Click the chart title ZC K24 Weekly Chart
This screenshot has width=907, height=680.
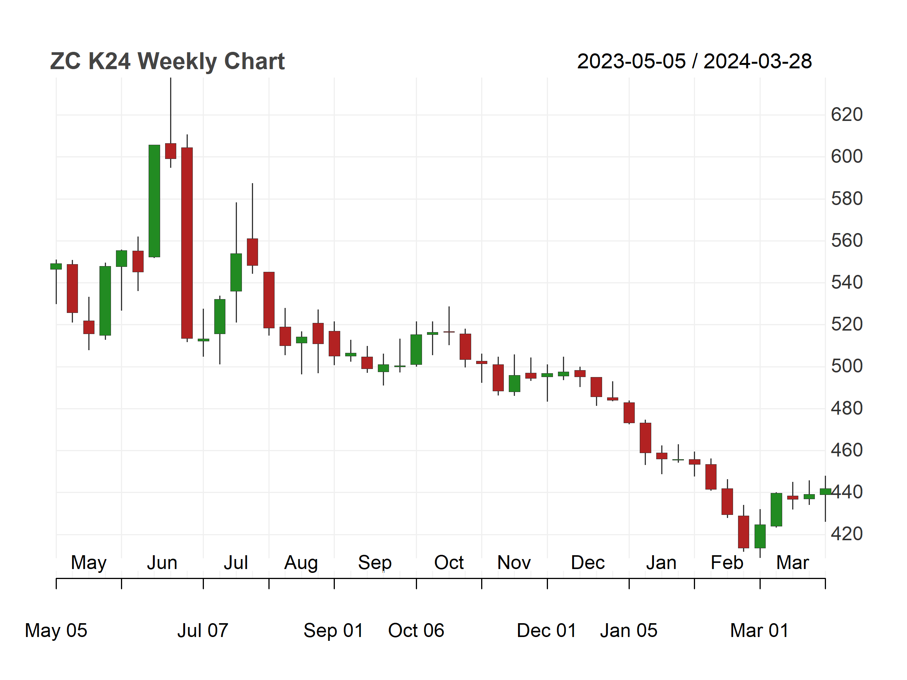point(167,61)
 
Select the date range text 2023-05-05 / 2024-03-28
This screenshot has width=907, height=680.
point(694,61)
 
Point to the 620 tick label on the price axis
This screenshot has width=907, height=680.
point(847,114)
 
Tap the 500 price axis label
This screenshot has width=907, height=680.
point(847,366)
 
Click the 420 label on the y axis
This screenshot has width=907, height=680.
point(847,534)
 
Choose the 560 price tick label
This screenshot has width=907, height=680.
point(847,240)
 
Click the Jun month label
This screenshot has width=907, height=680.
point(162,563)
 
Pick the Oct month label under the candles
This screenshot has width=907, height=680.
point(449,563)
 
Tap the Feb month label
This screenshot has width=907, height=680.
point(727,563)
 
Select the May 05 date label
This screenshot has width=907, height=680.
point(56,630)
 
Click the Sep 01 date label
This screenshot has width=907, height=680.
point(333,630)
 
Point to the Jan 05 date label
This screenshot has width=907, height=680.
point(629,630)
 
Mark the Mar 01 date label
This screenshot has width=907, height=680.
point(760,630)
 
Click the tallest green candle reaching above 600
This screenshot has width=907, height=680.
point(154,201)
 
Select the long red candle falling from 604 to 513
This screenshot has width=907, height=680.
point(187,243)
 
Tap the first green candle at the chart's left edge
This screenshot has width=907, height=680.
point(56,266)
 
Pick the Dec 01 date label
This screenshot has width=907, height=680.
point(546,630)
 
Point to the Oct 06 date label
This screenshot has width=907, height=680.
point(416,630)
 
